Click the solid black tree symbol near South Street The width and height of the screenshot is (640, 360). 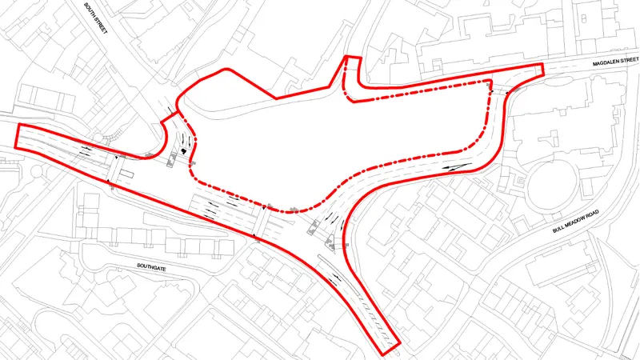click(x=186, y=149)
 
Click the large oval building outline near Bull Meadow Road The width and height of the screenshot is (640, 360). click(x=552, y=184)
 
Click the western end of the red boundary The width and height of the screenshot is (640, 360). click(x=18, y=138)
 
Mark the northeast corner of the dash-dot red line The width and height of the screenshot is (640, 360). click(x=488, y=83)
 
